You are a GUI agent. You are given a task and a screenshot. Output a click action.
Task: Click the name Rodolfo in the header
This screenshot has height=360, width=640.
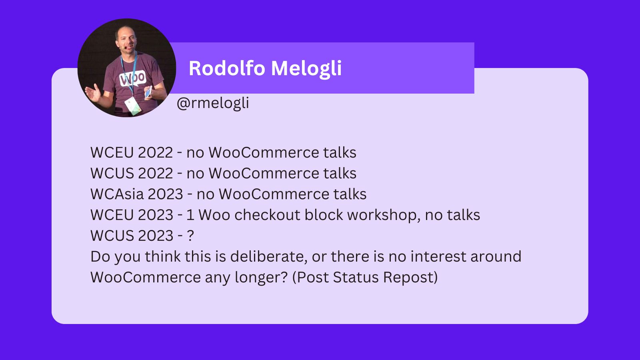pos(227,68)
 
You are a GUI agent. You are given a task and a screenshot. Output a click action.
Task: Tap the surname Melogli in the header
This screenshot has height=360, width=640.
pos(306,68)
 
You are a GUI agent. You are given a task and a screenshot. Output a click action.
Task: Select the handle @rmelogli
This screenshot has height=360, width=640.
pos(213,103)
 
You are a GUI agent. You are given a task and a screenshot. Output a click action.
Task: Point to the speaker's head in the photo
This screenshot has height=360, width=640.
pos(125,38)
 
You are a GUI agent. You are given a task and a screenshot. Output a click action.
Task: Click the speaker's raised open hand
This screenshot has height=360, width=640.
pos(93,93)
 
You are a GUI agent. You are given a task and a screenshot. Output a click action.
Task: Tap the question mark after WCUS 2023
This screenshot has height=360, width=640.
pos(190,236)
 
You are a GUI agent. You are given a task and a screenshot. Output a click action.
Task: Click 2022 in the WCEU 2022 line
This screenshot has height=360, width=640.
pos(155,152)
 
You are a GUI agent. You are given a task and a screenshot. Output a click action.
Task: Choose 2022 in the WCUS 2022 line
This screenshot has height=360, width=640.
pos(155,173)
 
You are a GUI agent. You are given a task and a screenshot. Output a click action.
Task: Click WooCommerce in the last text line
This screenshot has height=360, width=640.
pos(146,277)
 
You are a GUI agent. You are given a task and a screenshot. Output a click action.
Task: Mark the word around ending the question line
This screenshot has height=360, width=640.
pos(496,256)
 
